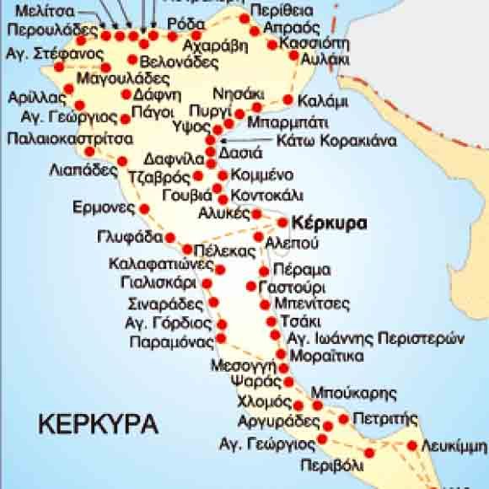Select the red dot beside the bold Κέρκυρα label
(283, 223)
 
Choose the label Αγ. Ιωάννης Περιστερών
(375, 339)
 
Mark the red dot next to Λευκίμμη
(412, 446)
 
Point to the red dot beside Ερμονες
(144, 208)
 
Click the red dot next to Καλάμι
(288, 100)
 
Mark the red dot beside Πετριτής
(344, 419)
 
